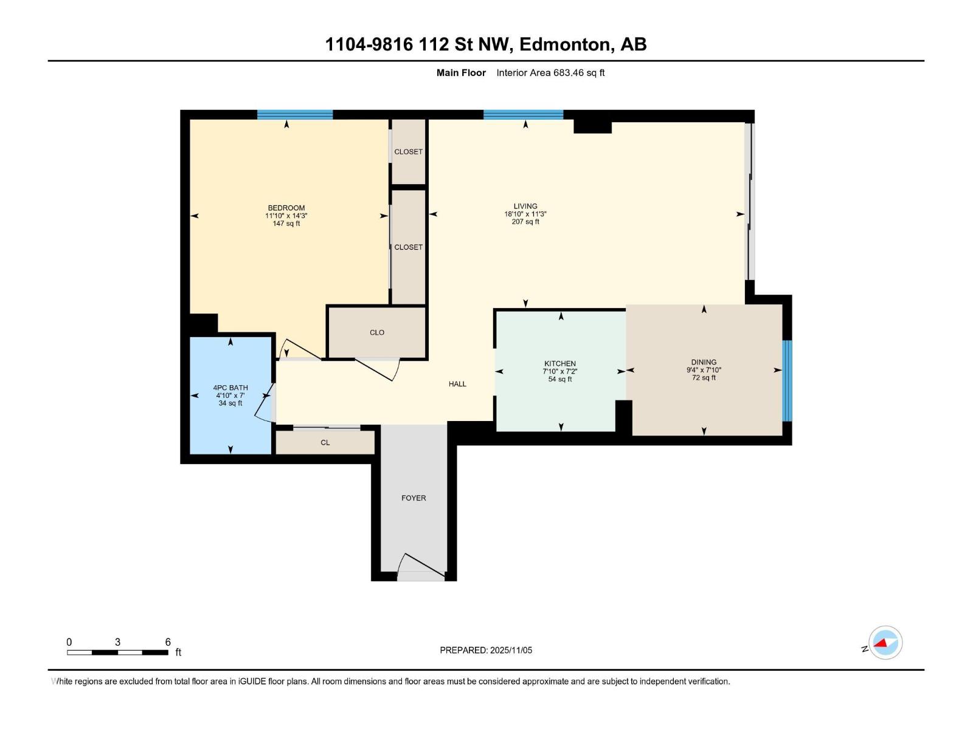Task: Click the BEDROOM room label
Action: (286, 208)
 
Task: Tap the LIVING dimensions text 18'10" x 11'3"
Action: (525, 214)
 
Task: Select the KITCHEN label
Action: (559, 363)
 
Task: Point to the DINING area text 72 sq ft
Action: (704, 378)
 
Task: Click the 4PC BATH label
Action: (230, 388)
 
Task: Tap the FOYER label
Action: (414, 498)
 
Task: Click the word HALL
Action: (457, 384)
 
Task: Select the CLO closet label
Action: (376, 332)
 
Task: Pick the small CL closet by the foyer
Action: (325, 442)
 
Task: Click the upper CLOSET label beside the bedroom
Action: (408, 152)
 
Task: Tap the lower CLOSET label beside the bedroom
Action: (408, 247)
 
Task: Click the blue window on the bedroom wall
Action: (294, 114)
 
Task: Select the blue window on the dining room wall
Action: (787, 380)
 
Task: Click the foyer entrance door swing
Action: (421, 566)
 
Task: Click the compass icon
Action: (885, 642)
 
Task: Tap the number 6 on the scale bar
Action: (168, 642)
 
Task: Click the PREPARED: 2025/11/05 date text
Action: (486, 650)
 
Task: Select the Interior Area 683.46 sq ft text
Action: (550, 73)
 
